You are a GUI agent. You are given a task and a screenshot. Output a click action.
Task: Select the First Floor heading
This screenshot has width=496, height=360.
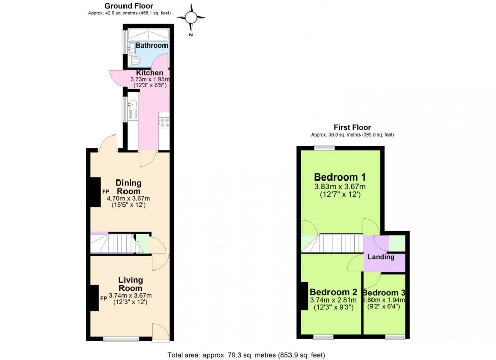[x=352, y=127]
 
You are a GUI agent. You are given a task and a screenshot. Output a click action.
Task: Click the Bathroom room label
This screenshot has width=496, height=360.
[x=151, y=46]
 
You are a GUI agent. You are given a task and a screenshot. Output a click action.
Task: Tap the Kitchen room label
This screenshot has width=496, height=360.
[x=150, y=73]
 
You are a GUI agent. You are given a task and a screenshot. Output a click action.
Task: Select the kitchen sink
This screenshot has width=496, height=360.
[x=132, y=105]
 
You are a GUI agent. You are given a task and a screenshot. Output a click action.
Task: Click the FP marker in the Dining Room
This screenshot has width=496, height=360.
[x=106, y=192]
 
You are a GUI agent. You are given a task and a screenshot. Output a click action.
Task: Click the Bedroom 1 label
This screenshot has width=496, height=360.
[x=340, y=177]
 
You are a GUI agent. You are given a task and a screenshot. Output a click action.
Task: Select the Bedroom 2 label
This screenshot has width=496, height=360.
[x=334, y=292]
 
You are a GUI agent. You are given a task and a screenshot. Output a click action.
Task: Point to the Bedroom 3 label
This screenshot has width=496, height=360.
[x=384, y=293]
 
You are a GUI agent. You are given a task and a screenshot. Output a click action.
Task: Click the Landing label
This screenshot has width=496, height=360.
[x=381, y=257]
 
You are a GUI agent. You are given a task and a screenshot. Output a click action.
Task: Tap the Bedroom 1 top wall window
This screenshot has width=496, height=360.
[x=324, y=147]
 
